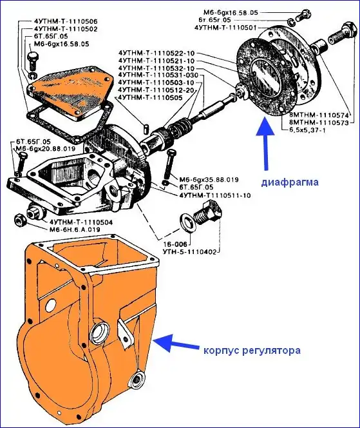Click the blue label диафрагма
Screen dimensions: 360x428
(290, 182)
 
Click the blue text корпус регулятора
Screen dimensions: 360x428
(252, 350)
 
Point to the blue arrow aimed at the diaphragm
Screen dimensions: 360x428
(265, 144)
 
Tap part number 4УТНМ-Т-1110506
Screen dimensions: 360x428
(66, 21)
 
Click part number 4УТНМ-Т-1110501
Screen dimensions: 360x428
(225, 28)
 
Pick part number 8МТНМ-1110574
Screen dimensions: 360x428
(319, 115)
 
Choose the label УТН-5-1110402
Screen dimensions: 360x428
(189, 251)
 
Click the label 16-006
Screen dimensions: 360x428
(175, 244)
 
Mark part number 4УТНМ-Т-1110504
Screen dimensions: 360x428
(81, 222)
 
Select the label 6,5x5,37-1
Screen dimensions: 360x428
(307, 130)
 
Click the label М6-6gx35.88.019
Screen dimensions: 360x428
(209, 180)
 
